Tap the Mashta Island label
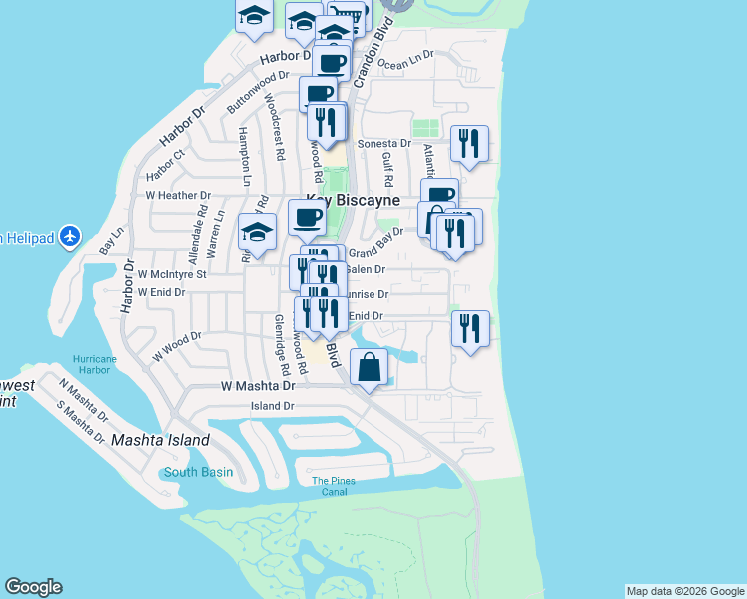pos(160,440)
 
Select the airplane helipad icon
pos(69,237)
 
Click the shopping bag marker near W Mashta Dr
pos(370,367)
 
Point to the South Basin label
pos(198,472)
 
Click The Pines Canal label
pos(333,486)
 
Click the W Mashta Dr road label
pos(258,385)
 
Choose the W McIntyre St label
pos(172,273)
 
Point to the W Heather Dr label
pos(177,195)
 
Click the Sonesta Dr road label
pos(384,144)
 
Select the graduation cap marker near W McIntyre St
pos(257,233)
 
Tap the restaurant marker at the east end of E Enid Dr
pos(469,328)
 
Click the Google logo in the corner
pos(33,587)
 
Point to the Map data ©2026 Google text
pos(685,591)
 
